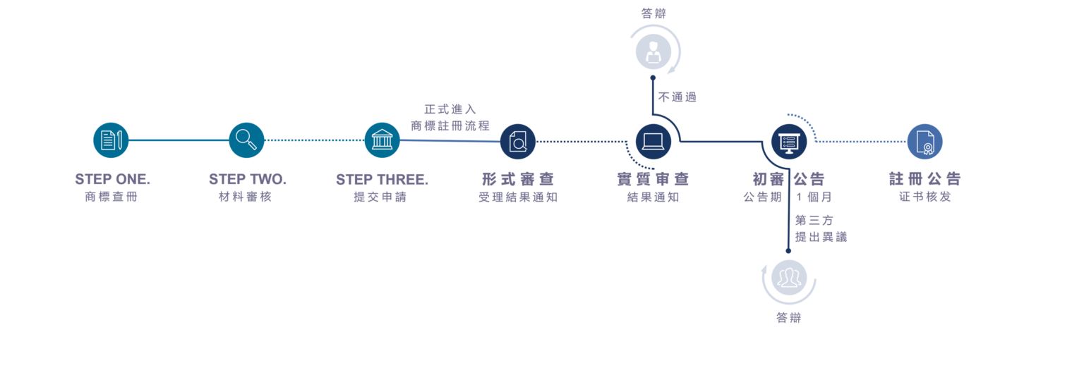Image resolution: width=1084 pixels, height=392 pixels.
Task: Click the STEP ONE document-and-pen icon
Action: click(111, 140)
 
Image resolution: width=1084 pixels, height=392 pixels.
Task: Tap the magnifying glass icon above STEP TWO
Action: click(246, 140)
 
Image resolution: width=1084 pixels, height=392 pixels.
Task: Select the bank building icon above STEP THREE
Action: click(382, 140)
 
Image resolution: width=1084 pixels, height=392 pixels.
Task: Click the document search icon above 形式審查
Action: click(518, 142)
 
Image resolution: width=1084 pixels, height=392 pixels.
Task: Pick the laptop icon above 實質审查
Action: click(654, 142)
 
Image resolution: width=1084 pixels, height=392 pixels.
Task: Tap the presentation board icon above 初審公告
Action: click(789, 142)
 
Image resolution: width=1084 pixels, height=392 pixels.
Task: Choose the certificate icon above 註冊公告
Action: click(925, 142)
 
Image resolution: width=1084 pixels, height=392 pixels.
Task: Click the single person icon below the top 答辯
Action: click(654, 51)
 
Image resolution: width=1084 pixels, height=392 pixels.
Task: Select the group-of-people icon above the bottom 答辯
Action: click(789, 278)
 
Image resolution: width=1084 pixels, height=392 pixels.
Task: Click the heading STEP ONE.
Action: click(112, 179)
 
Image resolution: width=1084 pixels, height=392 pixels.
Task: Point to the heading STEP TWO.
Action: click(247, 179)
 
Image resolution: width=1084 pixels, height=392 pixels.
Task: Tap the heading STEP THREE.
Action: click(382, 180)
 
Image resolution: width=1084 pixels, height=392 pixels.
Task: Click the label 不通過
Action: click(677, 97)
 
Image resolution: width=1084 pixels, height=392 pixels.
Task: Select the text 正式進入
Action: click(450, 109)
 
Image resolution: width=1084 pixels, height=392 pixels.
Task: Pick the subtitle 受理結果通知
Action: click(518, 197)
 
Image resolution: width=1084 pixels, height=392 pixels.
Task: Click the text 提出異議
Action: click(821, 237)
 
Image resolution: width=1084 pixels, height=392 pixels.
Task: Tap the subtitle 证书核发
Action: click(925, 197)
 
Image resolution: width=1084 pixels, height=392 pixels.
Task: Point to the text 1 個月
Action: click(814, 197)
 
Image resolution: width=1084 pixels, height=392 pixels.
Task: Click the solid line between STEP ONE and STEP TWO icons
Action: click(179, 140)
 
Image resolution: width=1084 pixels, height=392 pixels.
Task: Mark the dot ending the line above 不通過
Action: click(653, 78)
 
